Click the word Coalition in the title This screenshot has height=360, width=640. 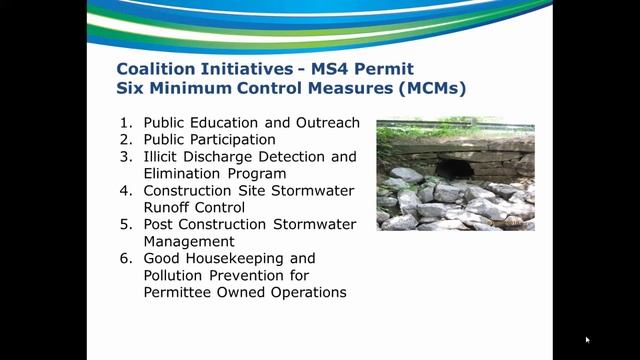[154, 69]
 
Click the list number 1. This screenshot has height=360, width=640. [125, 123]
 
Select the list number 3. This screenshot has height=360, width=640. [125, 157]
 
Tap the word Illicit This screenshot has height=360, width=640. [165, 157]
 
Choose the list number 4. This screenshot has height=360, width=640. [125, 191]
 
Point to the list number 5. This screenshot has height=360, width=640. [125, 225]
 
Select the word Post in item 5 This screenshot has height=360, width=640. [161, 225]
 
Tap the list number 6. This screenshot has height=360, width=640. [125, 259]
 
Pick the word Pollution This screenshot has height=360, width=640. [177, 276]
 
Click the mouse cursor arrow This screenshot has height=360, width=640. [587, 340]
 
